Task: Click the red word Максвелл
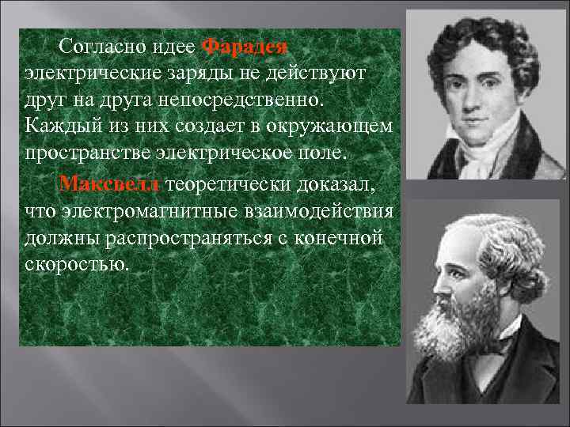click(x=110, y=184)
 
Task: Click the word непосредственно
click(x=246, y=101)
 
